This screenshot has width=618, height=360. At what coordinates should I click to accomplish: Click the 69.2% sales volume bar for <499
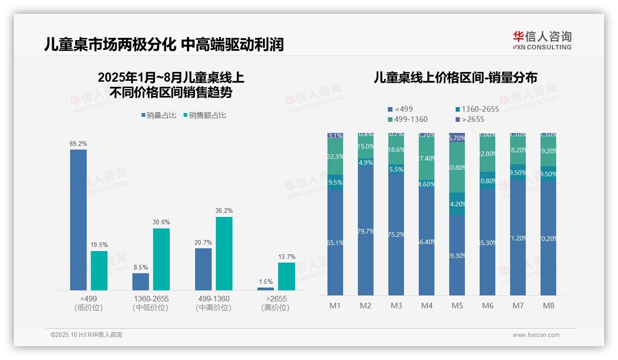78,220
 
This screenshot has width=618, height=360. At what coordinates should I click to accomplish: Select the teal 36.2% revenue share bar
224,253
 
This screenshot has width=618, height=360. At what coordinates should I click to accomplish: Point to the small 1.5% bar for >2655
266,289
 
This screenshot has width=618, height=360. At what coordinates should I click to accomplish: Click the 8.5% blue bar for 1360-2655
141,282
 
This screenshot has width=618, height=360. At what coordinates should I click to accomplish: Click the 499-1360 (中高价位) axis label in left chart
213,303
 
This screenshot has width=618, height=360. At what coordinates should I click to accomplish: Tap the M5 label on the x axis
457,306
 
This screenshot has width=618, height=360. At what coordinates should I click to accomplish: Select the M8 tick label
548,306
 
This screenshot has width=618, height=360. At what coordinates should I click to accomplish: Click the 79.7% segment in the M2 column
366,231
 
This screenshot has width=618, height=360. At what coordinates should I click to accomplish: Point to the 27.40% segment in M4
427,158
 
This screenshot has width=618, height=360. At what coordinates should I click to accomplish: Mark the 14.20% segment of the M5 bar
457,204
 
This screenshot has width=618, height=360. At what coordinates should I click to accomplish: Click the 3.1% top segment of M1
335,136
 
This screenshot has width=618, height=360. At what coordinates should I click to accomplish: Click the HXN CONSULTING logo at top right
542,41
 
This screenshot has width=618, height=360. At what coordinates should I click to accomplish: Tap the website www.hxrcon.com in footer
536,335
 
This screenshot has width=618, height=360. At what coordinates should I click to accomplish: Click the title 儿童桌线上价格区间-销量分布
455,78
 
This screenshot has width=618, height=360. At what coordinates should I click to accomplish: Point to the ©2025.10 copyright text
86,335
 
